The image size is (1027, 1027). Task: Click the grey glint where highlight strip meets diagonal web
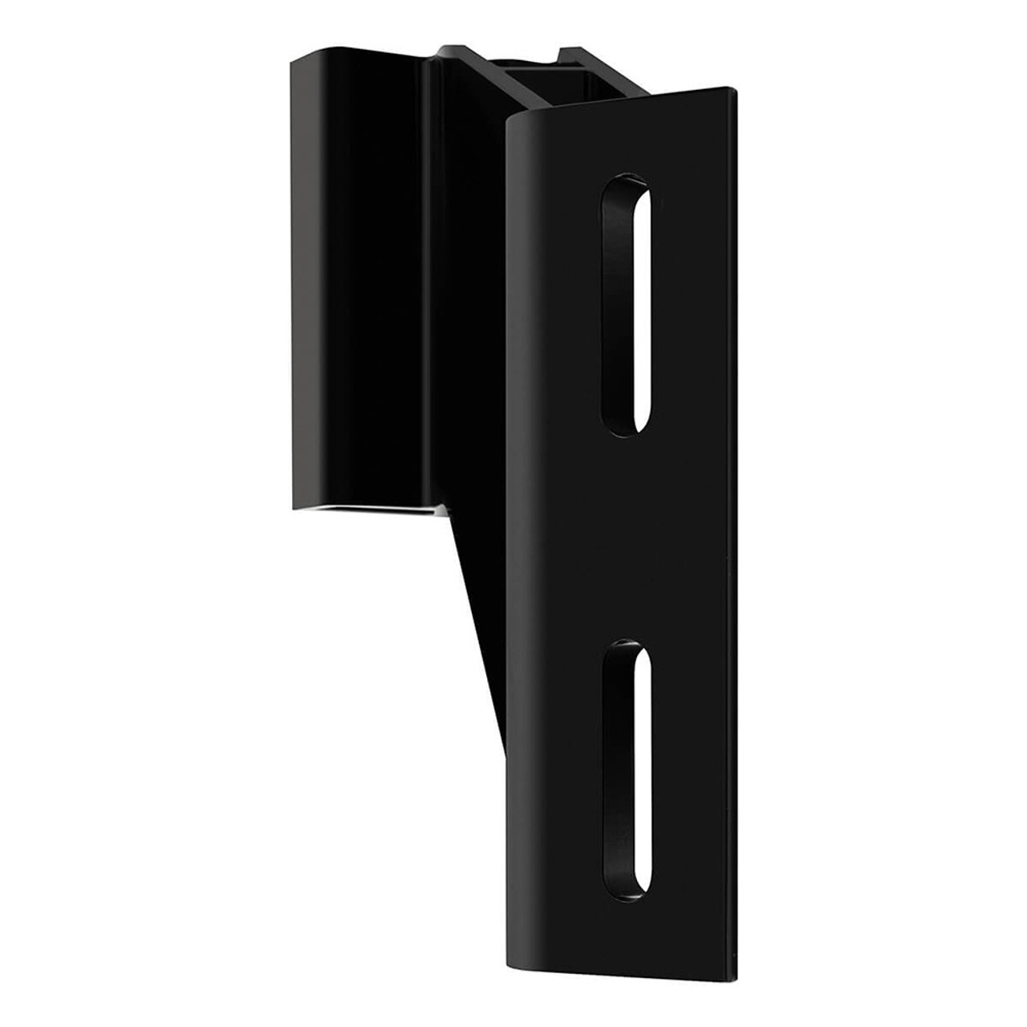(444, 513)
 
